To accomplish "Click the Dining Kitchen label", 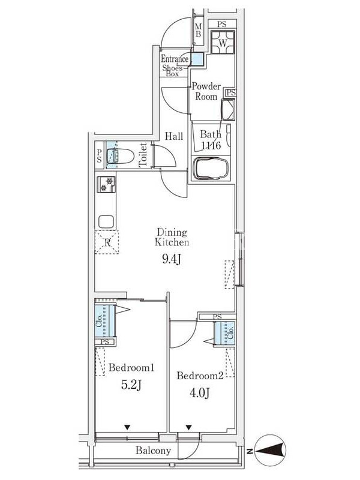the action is [172, 237].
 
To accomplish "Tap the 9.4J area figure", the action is [172, 259].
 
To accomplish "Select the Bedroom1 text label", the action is [131, 367].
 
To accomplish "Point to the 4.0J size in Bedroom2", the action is [199, 392].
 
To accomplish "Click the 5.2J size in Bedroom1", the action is [131, 385].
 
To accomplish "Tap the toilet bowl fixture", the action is [121, 156].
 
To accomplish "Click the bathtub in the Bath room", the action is [211, 169].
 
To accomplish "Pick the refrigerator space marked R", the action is [107, 242].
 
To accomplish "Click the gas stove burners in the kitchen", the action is [106, 184].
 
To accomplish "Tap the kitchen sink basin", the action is [106, 221].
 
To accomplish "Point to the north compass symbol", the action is [269, 451].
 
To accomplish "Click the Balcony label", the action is [153, 451].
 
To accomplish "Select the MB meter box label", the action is [199, 31].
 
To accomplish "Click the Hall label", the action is [174, 136].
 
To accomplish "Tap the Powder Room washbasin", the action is [228, 109].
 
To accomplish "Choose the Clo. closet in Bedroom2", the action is [224, 334].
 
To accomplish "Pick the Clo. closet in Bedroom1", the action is [104, 320].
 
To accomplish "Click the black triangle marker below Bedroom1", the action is [127, 427].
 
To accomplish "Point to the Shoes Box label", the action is [172, 71].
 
